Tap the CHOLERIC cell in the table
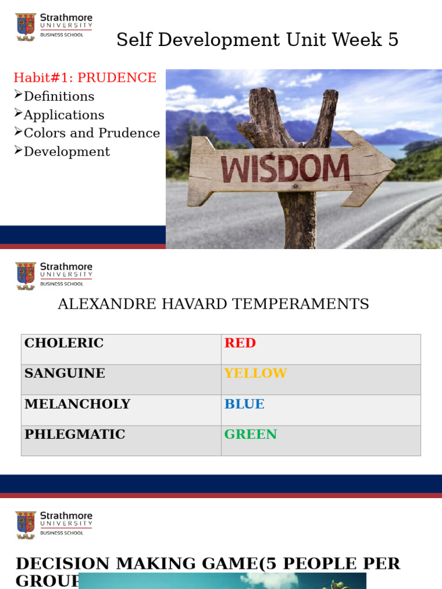click(x=64, y=343)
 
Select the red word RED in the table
click(x=240, y=343)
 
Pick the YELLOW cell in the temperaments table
click(x=256, y=373)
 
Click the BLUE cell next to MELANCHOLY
click(x=245, y=404)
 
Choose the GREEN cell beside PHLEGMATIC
click(x=250, y=435)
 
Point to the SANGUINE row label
click(x=64, y=373)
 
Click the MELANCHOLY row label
click(x=77, y=404)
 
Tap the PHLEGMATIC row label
click(x=75, y=435)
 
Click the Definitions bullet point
click(x=59, y=97)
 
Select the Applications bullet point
click(x=64, y=115)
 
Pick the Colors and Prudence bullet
click(x=92, y=133)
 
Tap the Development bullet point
click(x=67, y=152)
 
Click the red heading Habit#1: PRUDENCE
click(x=85, y=78)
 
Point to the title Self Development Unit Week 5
click(x=257, y=40)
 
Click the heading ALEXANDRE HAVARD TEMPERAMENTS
click(x=213, y=304)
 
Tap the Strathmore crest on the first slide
click(x=25, y=26)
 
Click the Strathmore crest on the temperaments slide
click(x=25, y=276)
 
